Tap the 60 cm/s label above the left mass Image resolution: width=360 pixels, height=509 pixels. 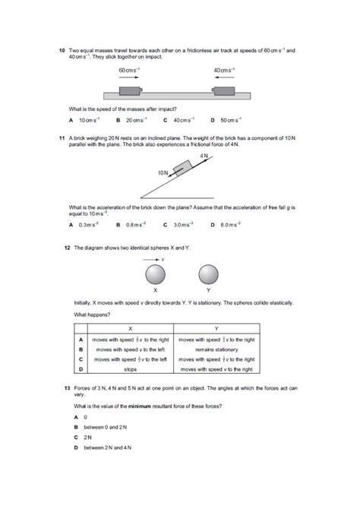tap(130, 70)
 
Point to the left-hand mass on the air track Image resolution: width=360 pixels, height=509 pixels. tap(129, 92)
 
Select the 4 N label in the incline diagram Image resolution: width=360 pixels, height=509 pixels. tap(204, 154)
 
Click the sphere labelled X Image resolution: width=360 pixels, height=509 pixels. tap(155, 273)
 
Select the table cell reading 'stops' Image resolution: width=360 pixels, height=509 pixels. tap(130, 369)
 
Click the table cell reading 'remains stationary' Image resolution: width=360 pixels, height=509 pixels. tap(216, 349)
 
